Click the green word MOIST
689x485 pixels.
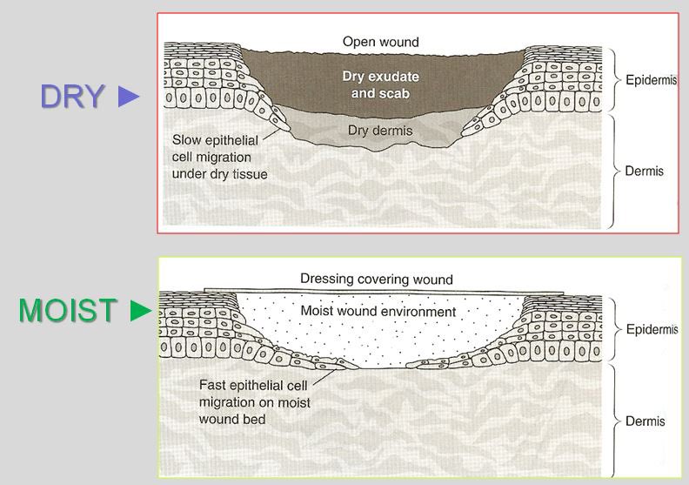68,311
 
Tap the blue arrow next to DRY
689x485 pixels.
128,97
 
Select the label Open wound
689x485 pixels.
380,42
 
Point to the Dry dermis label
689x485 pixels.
380,131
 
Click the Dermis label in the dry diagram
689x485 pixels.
645,171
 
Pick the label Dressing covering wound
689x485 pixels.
377,280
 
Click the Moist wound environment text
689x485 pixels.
378,311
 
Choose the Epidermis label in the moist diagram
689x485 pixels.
652,330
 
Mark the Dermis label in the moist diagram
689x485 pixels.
645,421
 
